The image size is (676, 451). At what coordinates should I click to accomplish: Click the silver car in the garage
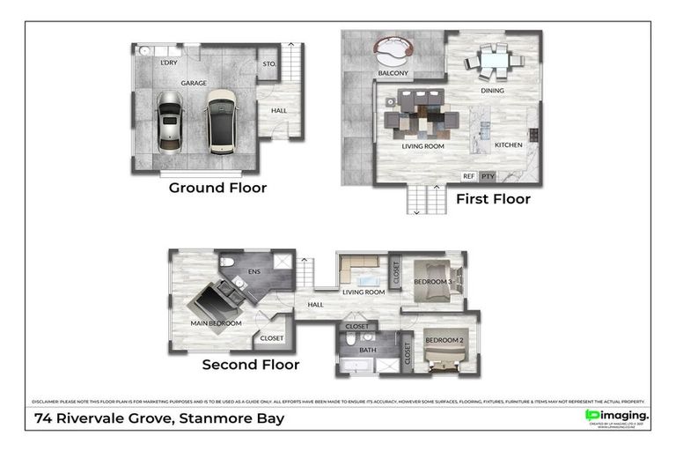pos(169,122)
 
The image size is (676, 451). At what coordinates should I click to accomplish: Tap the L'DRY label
pos(168,63)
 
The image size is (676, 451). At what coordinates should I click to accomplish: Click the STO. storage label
pos(269,63)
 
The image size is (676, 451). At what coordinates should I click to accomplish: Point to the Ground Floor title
pos(217,188)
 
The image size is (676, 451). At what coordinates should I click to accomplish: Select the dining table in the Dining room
pos(492,61)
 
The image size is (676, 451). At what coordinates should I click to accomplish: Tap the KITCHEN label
pos(509,144)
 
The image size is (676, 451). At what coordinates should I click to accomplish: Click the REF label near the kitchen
pos(468,176)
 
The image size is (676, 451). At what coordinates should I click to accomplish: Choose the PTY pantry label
pos(488,176)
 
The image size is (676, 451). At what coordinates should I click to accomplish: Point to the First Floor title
pos(493,199)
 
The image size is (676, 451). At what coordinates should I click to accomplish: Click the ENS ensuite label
pos(254,272)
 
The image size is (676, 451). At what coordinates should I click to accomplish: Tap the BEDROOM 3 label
pos(432,282)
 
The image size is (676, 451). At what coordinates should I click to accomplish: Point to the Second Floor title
pos(251,365)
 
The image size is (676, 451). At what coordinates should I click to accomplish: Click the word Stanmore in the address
pos(211,418)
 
